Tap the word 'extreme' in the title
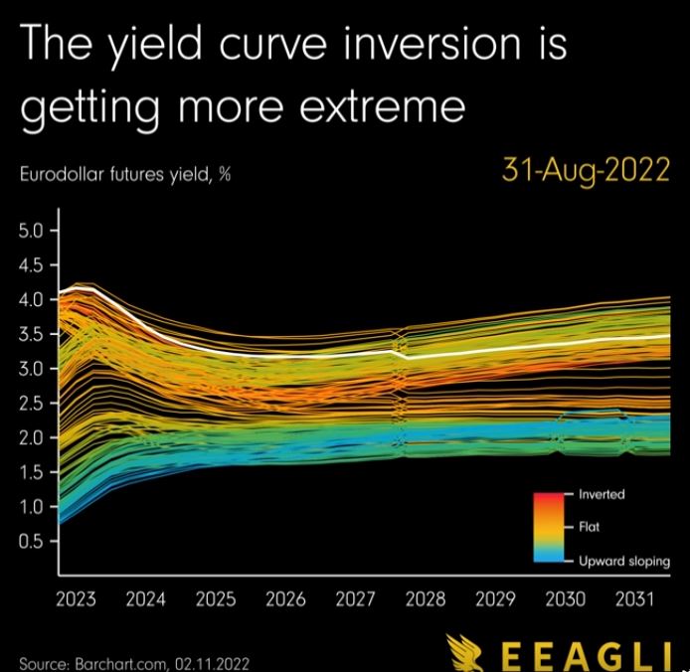pyautogui.click(x=382, y=106)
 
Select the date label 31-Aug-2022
pyautogui.click(x=586, y=170)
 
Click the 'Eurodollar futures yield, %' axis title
pyautogui.click(x=125, y=175)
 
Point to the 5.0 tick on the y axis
pyautogui.click(x=31, y=231)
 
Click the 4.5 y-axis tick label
pyautogui.click(x=31, y=265)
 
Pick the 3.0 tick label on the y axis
pyautogui.click(x=31, y=369)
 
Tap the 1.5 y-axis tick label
pyautogui.click(x=31, y=472)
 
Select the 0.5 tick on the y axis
pyautogui.click(x=31, y=542)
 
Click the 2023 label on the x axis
pyautogui.click(x=76, y=599)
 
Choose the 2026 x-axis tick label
pyautogui.click(x=285, y=599)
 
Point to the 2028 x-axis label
pyautogui.click(x=426, y=599)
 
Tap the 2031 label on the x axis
pyautogui.click(x=635, y=599)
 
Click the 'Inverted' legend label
pyautogui.click(x=602, y=494)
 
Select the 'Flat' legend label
pyautogui.click(x=589, y=526)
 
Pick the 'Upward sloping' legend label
pyautogui.click(x=624, y=561)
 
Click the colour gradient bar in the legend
pyautogui.click(x=549, y=527)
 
